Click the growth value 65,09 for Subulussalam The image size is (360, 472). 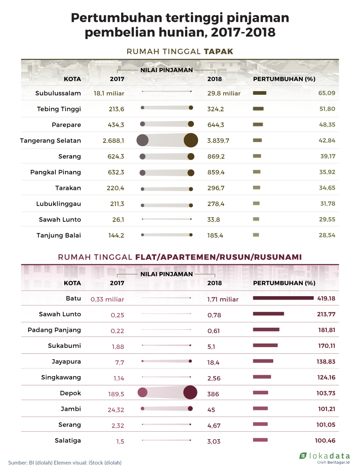[327, 93]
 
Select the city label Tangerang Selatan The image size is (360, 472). [50, 141]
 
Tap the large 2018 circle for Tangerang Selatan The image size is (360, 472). [191, 140]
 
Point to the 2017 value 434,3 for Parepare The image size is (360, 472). [116, 125]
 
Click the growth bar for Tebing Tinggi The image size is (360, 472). [258, 109]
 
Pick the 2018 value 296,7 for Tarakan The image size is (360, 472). [216, 188]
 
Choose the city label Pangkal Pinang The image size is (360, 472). [55, 172]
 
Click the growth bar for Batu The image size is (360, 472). [283, 298]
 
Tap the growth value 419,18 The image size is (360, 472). [326, 298]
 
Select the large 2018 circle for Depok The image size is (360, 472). [190, 392]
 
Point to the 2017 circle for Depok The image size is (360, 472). [143, 392]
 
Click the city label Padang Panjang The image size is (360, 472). [54, 330]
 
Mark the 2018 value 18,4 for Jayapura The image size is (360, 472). [213, 363]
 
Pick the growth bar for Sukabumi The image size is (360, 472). [265, 345]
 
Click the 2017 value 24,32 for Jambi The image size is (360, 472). [116, 410]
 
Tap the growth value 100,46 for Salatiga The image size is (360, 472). [325, 440]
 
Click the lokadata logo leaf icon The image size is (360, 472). [303, 455]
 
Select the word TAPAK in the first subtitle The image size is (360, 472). [219, 51]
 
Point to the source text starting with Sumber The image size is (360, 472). [65, 462]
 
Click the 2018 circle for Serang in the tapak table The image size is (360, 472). [191, 156]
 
